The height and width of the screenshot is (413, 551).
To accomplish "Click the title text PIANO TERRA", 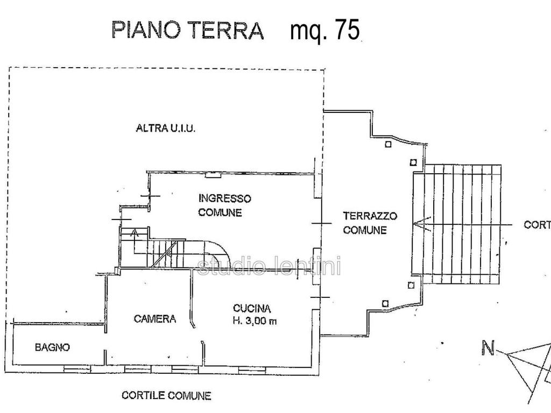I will (x=187, y=30).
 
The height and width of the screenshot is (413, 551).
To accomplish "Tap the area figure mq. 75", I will (x=324, y=31).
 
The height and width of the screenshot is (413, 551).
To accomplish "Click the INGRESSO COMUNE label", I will (x=224, y=205).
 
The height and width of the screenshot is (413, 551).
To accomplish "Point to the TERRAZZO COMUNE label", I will (x=370, y=223).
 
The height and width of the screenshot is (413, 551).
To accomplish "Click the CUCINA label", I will (x=252, y=309).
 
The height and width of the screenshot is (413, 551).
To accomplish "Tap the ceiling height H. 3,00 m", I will (x=255, y=322).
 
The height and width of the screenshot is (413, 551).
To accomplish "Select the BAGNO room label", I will (x=52, y=347).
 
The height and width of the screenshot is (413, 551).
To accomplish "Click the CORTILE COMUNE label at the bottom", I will (x=166, y=396).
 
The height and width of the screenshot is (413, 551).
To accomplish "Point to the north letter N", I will (x=488, y=348).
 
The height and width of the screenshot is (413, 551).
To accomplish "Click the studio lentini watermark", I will (x=269, y=266).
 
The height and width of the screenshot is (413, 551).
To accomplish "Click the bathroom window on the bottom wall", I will (x=77, y=369).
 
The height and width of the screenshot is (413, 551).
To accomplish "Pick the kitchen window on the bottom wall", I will (x=252, y=369).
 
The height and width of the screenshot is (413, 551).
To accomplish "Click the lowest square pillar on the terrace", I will (x=385, y=304).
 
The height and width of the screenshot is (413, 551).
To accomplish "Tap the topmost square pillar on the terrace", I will (x=388, y=144).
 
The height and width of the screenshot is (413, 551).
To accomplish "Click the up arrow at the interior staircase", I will (x=135, y=234).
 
